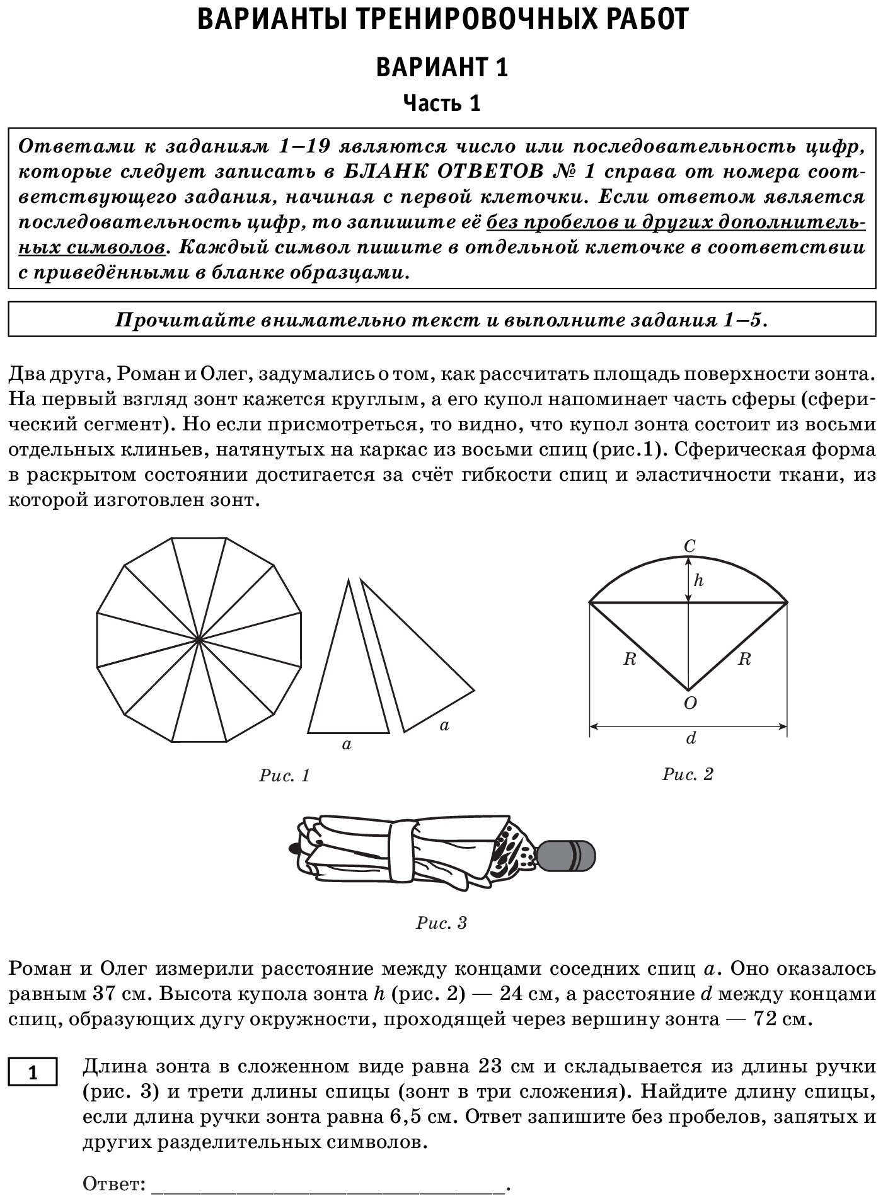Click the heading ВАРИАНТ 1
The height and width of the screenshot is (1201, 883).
[441, 67]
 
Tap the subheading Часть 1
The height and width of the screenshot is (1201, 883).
[441, 103]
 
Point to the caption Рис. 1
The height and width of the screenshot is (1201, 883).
[284, 776]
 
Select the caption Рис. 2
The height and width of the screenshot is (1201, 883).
[687, 774]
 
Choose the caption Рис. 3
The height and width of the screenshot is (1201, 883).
[441, 924]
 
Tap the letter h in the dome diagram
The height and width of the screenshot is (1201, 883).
[698, 580]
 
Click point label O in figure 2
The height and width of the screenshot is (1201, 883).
[690, 703]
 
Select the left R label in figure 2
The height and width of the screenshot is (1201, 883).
[630, 660]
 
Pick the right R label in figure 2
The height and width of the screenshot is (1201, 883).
[744, 660]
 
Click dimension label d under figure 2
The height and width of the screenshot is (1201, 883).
[691, 738]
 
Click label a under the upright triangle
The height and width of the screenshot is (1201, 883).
[346, 745]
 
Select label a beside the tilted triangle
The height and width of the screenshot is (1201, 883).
[444, 725]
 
